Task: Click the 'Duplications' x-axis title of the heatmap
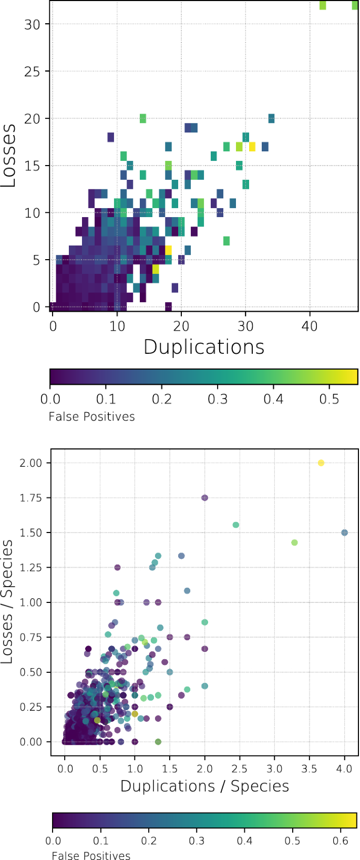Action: tap(204, 347)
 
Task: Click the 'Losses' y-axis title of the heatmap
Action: tap(8, 155)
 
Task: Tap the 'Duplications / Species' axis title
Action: tap(204, 786)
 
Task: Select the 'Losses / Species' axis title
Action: tap(7, 602)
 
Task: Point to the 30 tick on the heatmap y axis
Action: tap(32, 24)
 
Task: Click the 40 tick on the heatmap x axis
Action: tap(310, 326)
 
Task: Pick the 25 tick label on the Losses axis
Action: tap(32, 71)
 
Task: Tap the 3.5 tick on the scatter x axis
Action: tap(310, 769)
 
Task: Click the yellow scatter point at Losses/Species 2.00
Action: tap(321, 463)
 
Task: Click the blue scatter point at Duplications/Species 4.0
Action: tap(345, 533)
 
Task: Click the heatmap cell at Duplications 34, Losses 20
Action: tap(271, 118)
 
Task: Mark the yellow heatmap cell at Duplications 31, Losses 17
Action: tap(252, 147)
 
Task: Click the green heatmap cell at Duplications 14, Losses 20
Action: tap(142, 118)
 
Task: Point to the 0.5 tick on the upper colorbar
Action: tap(330, 399)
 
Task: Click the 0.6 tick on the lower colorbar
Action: tap(341, 841)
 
